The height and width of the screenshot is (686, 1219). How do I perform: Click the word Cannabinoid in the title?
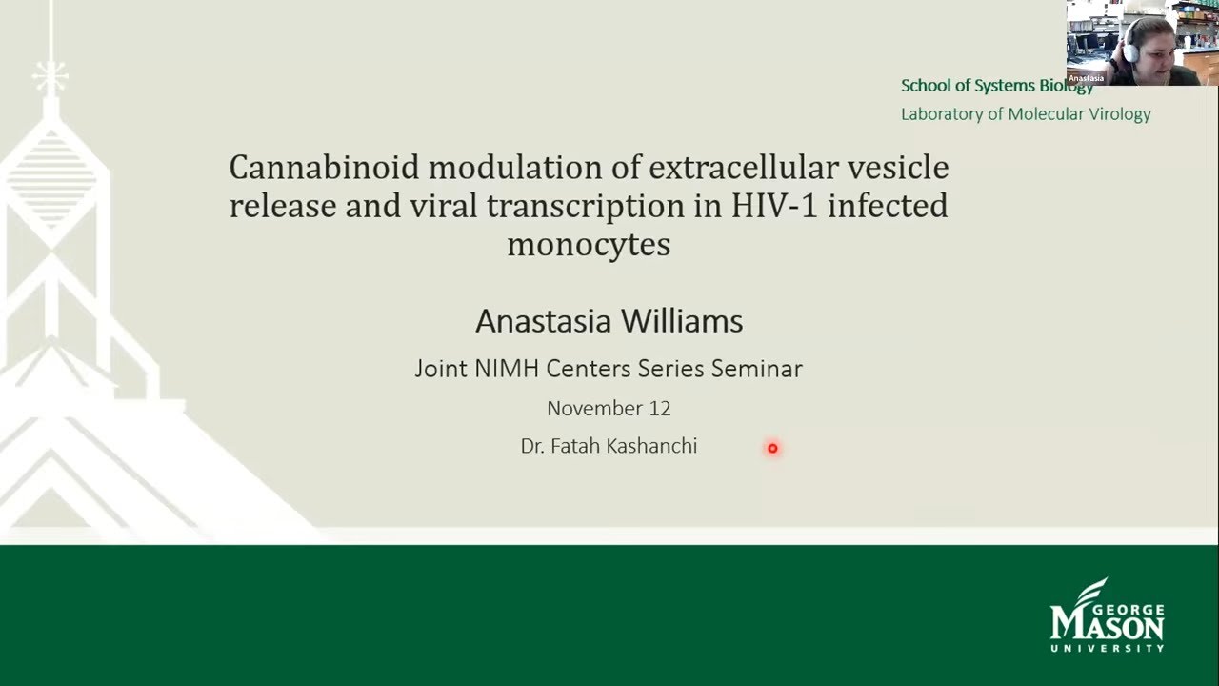pyautogui.click(x=324, y=168)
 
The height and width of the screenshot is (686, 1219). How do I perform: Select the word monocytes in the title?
pyautogui.click(x=589, y=245)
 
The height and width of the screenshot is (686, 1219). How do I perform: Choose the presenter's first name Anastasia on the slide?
pyautogui.click(x=543, y=321)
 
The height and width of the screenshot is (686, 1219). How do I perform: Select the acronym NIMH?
pyautogui.click(x=503, y=369)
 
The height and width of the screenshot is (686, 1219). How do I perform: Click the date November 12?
pyautogui.click(x=609, y=409)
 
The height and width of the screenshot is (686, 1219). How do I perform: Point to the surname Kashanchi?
pyautogui.click(x=651, y=446)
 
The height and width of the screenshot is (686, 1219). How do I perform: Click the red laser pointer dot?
pyautogui.click(x=772, y=448)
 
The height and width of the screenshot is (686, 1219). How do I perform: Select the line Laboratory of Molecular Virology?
pyautogui.click(x=1026, y=114)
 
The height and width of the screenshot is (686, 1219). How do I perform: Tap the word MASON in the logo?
pyautogui.click(x=1107, y=626)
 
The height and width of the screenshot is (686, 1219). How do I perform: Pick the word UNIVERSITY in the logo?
pyautogui.click(x=1107, y=649)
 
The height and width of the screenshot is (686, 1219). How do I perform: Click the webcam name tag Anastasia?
pyautogui.click(x=1087, y=78)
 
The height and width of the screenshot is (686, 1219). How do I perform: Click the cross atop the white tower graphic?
pyautogui.click(x=49, y=75)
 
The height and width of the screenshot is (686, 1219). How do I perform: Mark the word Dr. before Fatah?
pyautogui.click(x=531, y=446)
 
